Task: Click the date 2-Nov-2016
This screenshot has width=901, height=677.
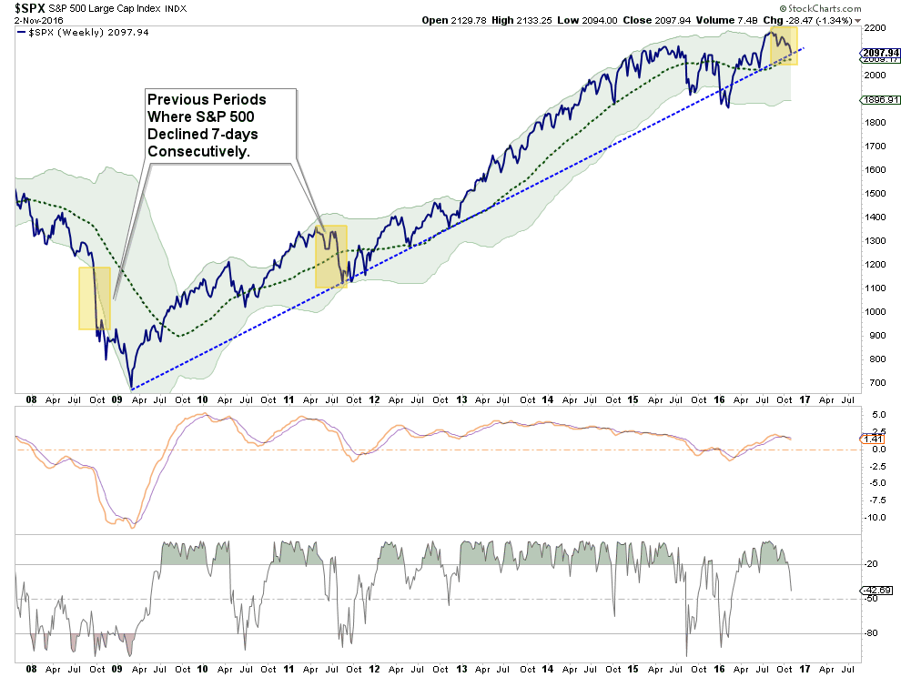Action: pyautogui.click(x=32, y=19)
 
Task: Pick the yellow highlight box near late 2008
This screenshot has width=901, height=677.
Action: pyautogui.click(x=95, y=298)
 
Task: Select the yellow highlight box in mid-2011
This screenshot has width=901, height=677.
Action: pyautogui.click(x=330, y=257)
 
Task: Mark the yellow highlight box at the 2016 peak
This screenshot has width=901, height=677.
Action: pyautogui.click(x=784, y=45)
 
